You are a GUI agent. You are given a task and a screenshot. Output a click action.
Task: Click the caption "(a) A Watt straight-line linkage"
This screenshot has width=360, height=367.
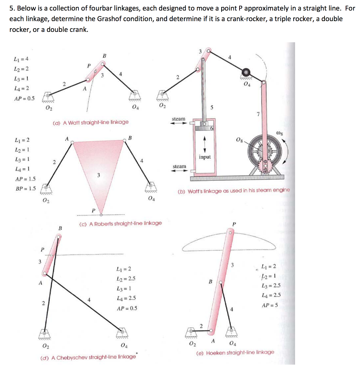coord(90,122)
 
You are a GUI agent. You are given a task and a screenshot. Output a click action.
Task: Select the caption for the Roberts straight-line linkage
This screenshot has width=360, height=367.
coord(120,223)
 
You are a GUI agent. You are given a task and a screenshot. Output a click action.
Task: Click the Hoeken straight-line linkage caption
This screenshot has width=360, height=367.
coord(235,352)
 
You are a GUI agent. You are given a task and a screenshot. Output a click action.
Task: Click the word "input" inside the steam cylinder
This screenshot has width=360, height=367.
coord(204,157)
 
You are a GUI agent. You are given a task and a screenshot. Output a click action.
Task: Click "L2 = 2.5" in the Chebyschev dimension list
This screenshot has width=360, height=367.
coord(126,278)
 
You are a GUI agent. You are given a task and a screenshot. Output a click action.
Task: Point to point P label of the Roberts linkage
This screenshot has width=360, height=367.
coord(94,210)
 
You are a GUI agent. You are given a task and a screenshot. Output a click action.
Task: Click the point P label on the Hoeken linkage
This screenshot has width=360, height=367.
coord(234,224)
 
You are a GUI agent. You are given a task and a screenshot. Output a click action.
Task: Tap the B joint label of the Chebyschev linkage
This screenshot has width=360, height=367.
coord(60,228)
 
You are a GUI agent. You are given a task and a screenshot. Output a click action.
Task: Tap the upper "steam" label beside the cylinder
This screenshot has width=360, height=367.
coord(179,119)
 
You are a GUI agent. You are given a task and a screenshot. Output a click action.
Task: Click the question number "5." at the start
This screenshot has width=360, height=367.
coord(12,8)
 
